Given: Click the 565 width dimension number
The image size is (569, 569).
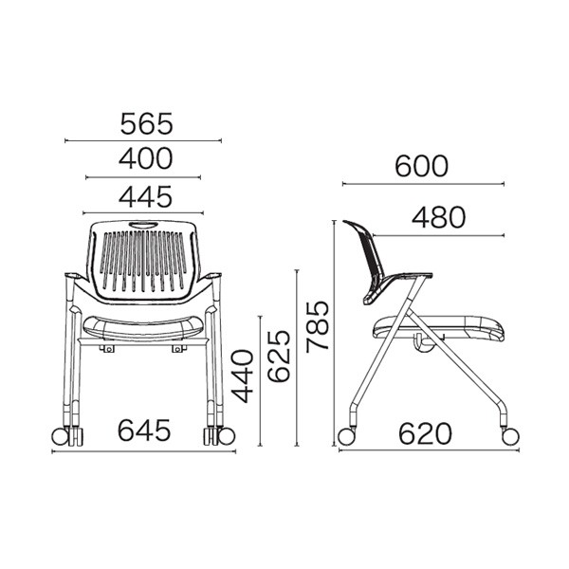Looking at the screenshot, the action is coord(147,123).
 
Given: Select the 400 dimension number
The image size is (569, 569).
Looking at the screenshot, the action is coord(146,158).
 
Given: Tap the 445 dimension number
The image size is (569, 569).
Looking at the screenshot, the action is coord(146,196).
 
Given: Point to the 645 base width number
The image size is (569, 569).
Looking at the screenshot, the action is coord(144,431).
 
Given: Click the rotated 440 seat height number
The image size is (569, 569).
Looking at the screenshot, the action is coord(243,376).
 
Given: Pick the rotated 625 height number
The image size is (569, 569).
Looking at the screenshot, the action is coord(279,357).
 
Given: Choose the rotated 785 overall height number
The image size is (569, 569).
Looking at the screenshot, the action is coord(317,326).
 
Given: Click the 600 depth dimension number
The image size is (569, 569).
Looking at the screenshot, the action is coord(422,166).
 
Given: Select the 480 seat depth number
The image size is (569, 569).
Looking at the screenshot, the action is coord(438,218).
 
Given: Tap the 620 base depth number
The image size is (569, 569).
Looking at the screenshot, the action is coord(425,433).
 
